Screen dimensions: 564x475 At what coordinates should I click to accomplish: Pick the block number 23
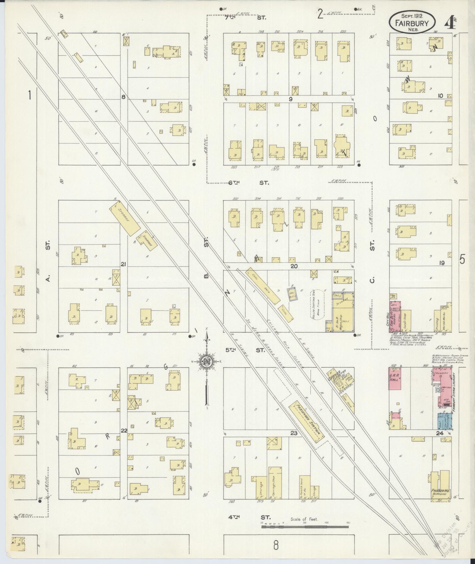click(x=294, y=433)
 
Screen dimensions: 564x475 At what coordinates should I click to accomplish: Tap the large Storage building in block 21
click(x=125, y=218)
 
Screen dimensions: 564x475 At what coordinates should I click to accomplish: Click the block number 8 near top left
click(x=123, y=96)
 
